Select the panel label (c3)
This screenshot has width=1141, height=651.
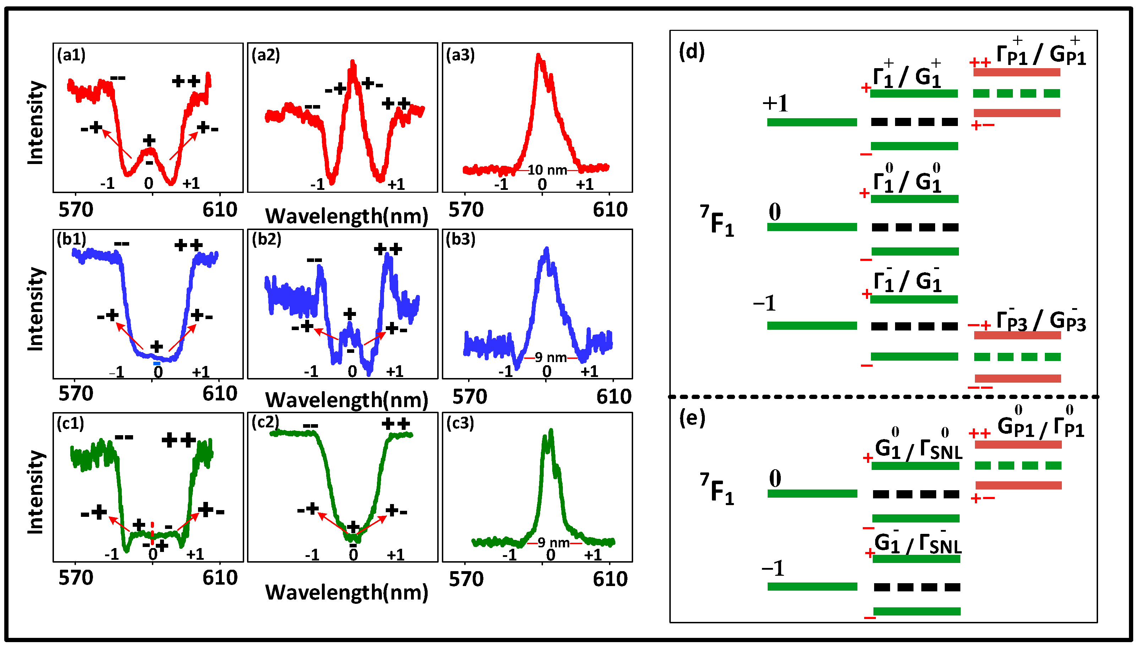point(460,423)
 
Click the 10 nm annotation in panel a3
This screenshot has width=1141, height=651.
point(547,170)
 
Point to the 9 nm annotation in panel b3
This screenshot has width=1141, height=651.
point(550,357)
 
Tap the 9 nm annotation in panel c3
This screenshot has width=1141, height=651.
point(553,542)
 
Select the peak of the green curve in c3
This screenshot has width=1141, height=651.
point(550,432)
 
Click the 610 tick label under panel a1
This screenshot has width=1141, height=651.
point(219,210)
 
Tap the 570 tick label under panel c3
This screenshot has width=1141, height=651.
point(466,579)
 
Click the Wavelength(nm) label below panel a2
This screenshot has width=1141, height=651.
point(346,217)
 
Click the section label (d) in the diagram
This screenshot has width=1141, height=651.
point(691,52)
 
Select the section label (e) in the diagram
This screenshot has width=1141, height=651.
point(692,418)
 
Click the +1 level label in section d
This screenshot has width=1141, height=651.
point(775,103)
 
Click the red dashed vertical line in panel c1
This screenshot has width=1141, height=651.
point(152,532)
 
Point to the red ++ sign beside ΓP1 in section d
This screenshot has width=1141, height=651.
point(980,62)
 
